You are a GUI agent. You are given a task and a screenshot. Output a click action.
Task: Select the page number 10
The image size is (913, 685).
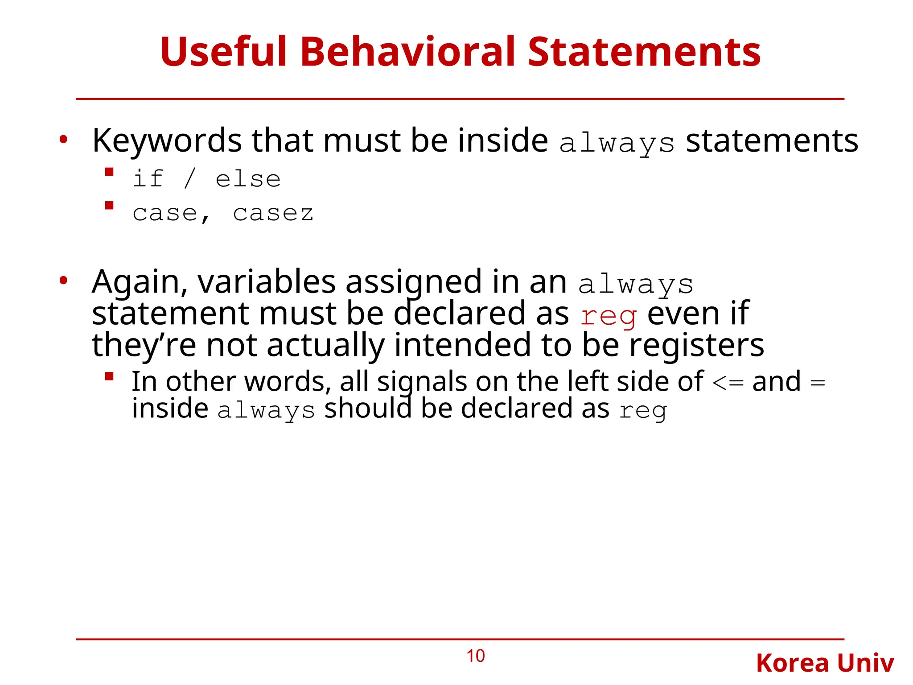(475, 656)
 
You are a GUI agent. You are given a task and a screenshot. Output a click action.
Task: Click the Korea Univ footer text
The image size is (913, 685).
(825, 663)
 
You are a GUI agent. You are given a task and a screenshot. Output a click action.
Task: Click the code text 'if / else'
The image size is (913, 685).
(206, 179)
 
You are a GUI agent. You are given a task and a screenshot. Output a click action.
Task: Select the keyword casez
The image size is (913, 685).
(273, 213)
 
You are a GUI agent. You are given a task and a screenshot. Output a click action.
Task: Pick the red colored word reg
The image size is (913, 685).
(608, 316)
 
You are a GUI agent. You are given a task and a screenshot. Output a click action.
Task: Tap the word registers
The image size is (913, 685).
(696, 346)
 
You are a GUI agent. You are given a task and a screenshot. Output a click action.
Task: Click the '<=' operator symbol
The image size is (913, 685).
(728, 383)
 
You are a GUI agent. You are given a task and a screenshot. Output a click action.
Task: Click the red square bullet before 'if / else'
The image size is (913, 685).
(109, 172)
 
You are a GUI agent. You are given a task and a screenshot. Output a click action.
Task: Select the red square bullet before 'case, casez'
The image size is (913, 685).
(109, 205)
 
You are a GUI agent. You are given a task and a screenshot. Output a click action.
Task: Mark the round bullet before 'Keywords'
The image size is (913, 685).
(63, 140)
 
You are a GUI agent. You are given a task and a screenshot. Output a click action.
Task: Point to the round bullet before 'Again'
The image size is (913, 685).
(63, 281)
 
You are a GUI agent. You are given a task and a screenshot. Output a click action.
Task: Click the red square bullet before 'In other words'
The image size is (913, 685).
(109, 376)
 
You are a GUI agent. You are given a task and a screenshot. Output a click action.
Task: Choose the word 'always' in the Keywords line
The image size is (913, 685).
(617, 144)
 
